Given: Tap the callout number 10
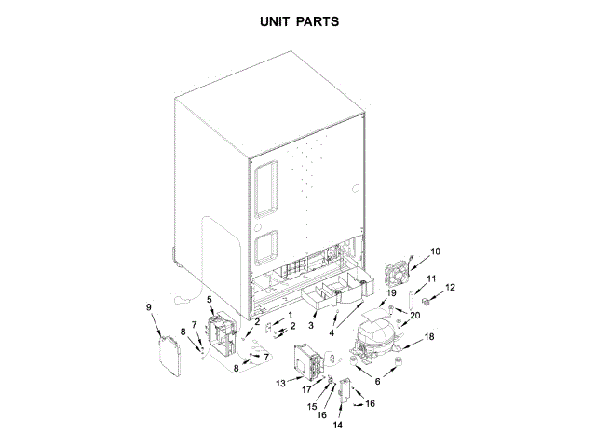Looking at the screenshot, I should pyautogui.click(x=435, y=251).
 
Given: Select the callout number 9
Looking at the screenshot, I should pyautogui.click(x=149, y=306).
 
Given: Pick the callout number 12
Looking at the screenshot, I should pyautogui.click(x=451, y=288).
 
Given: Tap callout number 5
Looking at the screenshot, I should pyautogui.click(x=210, y=300).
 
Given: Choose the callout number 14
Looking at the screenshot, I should pyautogui.click(x=338, y=424).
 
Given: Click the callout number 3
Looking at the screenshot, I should pyautogui.click(x=312, y=326).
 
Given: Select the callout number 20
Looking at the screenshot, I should pyautogui.click(x=415, y=316).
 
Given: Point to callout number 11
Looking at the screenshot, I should pyautogui.click(x=430, y=278).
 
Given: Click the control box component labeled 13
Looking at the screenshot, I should pyautogui.click(x=306, y=363).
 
